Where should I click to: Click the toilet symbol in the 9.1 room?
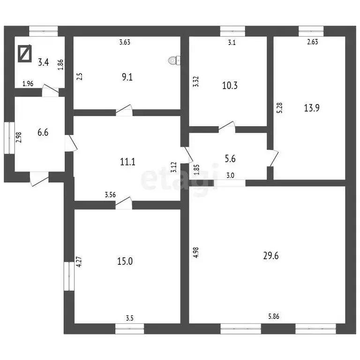point(174,60)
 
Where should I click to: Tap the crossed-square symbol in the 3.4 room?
point(25,53)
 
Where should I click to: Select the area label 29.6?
point(271,255)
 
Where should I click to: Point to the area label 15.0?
point(125,261)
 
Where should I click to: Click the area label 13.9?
point(312,108)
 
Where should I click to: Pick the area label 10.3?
point(230,85)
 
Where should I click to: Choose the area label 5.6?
point(230,158)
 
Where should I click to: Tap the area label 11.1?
point(127,162)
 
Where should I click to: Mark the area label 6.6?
point(43,133)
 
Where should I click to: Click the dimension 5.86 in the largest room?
point(274,316)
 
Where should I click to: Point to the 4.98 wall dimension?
point(196,253)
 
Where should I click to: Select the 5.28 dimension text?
point(279,108)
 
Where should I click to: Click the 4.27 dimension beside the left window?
point(79,262)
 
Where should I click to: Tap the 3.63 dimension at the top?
point(125,42)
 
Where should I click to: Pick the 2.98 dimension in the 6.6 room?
point(19,137)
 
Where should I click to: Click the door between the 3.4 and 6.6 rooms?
point(50,90)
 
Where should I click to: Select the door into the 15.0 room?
point(124,203)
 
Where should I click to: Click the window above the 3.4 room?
point(44,31)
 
